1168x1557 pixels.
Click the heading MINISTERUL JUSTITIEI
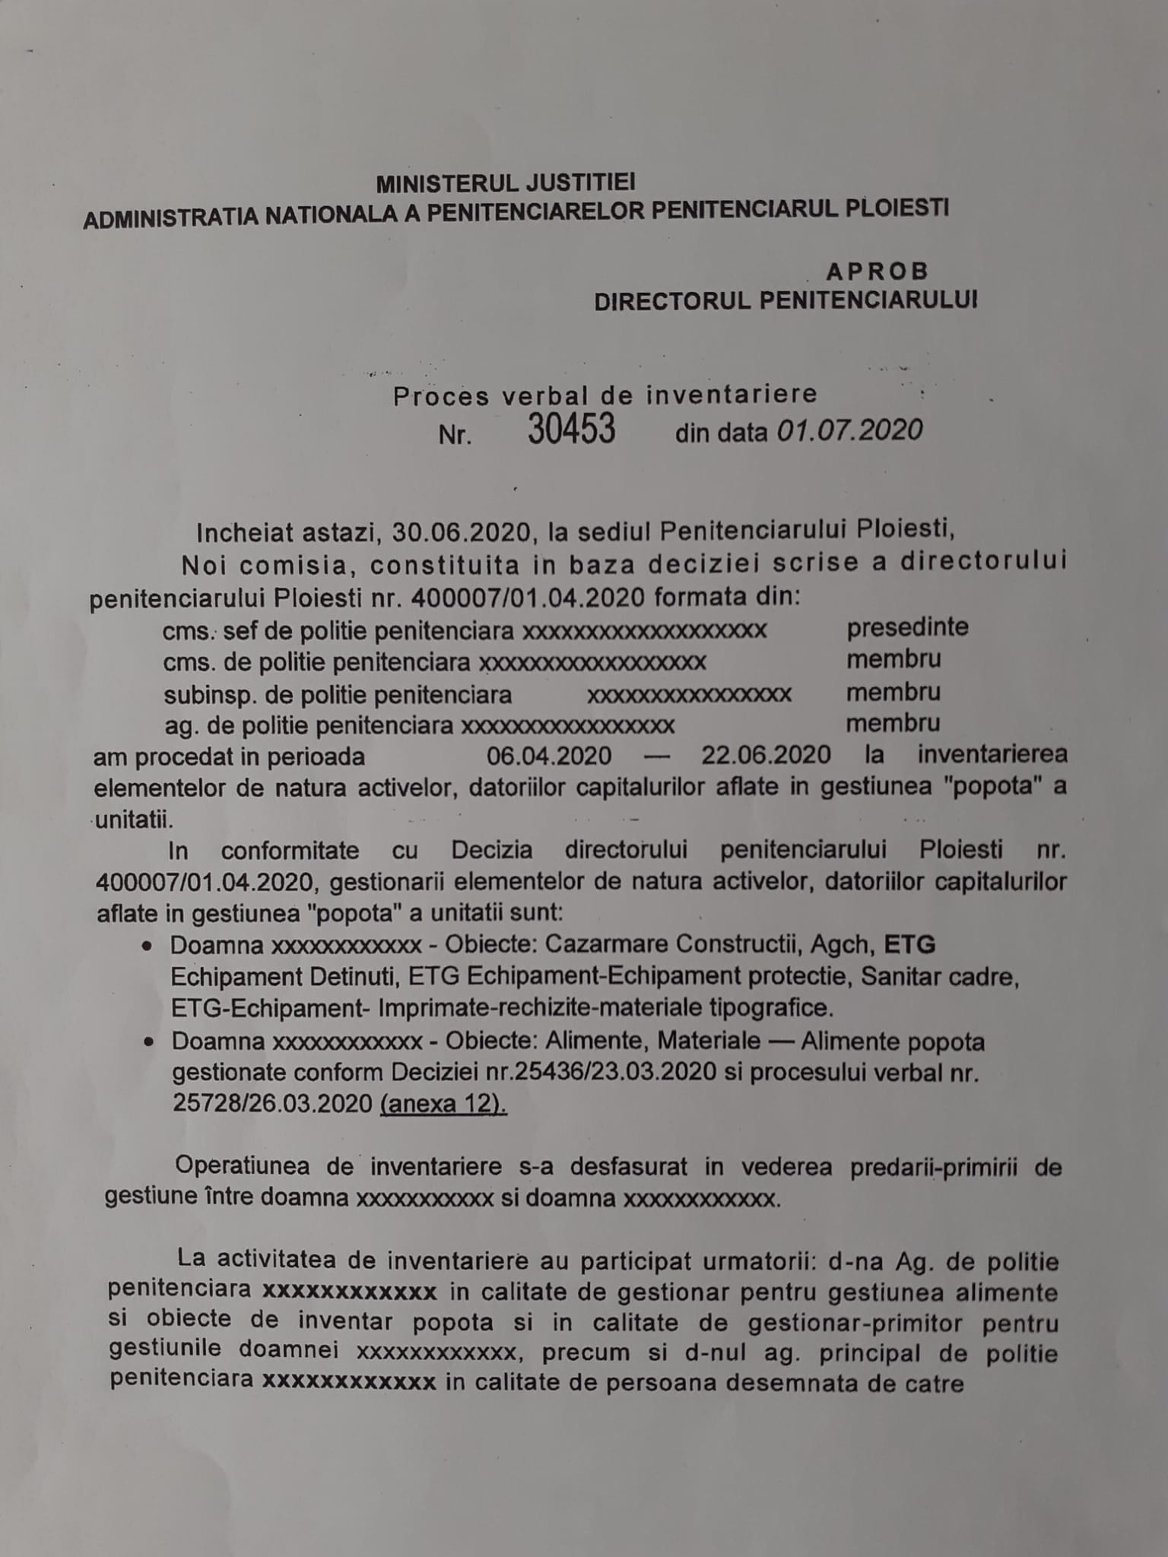coord(506,183)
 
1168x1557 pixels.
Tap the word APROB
coord(878,271)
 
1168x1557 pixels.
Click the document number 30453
coord(571,430)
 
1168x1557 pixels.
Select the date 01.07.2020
coord(849,431)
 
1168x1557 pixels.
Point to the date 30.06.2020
coord(461,531)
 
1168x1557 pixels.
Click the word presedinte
coord(907,628)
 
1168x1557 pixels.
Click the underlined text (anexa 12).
coord(443,1104)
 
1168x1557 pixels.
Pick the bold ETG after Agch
coord(909,944)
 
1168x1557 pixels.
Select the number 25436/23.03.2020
coord(615,1072)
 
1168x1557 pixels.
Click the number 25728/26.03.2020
coord(272,1104)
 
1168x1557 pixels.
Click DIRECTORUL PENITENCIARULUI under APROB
coord(786,301)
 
